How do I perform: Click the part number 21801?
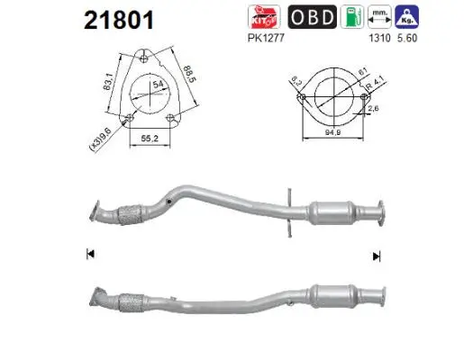click(117, 20)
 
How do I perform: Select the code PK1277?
click(259, 40)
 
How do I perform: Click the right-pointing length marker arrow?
click(377, 255)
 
